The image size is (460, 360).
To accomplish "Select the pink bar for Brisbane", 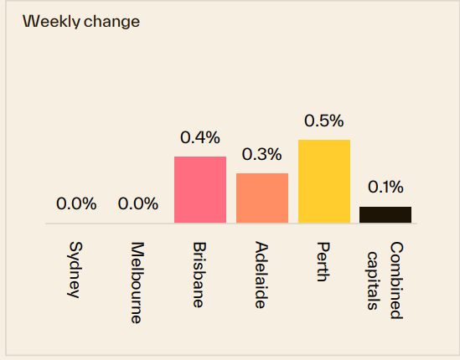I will (200, 190).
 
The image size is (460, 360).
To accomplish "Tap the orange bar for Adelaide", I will (262, 198).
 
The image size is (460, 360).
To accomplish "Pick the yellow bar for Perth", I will (324, 182).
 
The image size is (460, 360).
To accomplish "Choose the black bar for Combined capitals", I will (385, 214).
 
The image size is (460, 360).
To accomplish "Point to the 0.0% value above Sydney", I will (76, 203).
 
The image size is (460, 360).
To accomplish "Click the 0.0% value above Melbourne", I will (138, 203).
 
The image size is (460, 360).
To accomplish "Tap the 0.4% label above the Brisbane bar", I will (200, 137).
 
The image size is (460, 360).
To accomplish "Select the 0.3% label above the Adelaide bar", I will (262, 154).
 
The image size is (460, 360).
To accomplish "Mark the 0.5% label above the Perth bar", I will (324, 121).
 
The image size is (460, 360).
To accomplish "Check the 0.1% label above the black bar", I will (385, 187).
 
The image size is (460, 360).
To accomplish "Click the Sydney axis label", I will (75, 270).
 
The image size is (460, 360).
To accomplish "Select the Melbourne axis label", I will (137, 283).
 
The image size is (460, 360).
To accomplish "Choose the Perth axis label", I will (323, 262).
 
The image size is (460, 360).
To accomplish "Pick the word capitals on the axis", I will (375, 278).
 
